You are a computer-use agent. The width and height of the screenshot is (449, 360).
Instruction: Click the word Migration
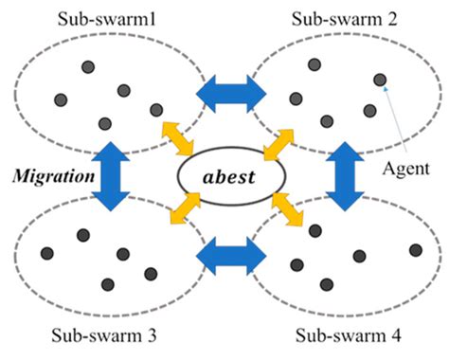click(50, 176)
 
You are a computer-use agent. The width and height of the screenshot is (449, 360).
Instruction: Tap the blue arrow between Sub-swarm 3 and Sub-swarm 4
click(225, 256)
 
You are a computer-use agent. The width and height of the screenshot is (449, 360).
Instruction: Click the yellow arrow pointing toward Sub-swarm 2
click(275, 142)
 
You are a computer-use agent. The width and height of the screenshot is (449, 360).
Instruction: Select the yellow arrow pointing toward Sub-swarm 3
click(178, 210)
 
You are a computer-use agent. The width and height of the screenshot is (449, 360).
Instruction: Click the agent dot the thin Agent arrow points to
click(379, 80)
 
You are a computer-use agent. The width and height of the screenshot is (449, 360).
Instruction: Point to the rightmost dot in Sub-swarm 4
click(415, 250)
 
